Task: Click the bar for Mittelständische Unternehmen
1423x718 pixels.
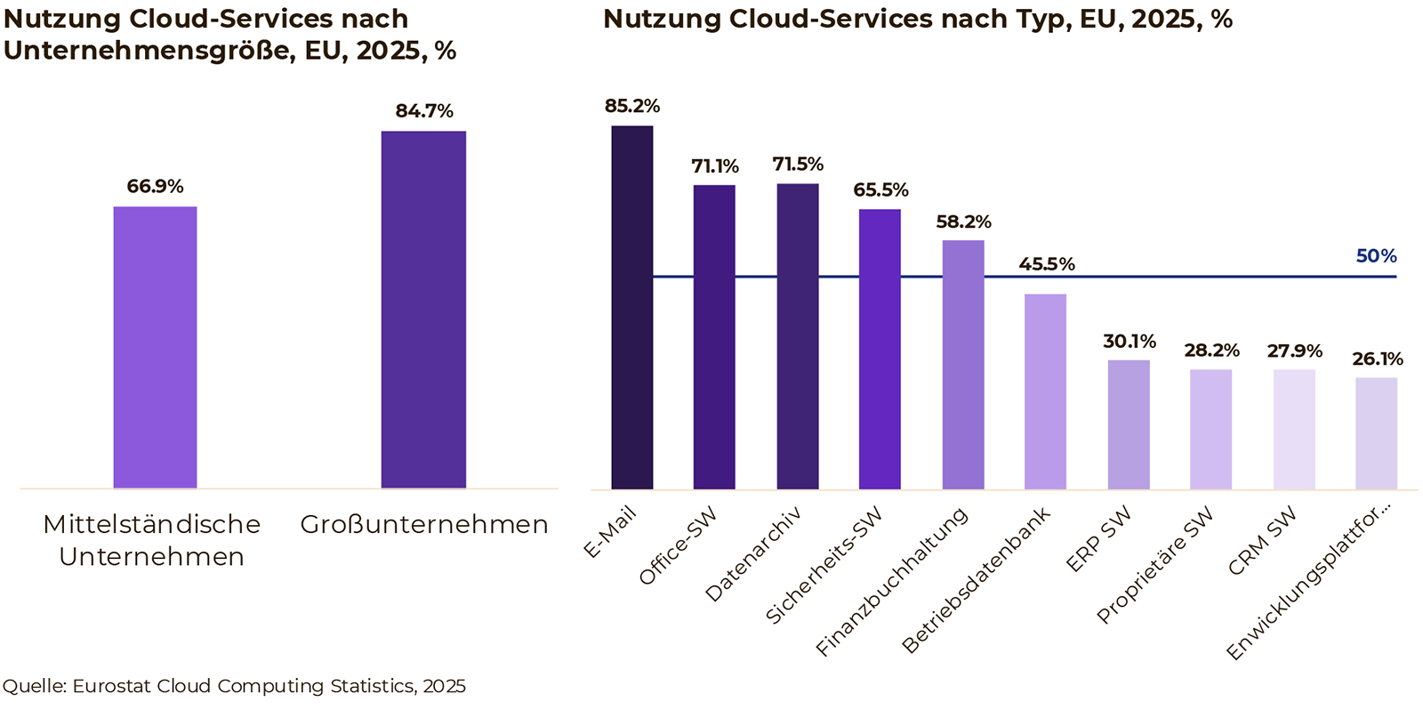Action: (155, 347)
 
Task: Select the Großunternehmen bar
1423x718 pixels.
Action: (423, 310)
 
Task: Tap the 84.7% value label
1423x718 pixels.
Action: (424, 111)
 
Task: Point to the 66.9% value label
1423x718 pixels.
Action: (155, 187)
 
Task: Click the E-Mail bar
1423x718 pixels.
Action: (631, 307)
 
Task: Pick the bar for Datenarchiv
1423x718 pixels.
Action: (797, 336)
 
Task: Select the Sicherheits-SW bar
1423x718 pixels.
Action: (880, 349)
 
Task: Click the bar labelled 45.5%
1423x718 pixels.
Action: (1045, 391)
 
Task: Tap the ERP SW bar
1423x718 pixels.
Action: (1129, 424)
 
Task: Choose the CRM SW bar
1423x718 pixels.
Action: (1294, 429)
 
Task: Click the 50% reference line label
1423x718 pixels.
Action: (1376, 256)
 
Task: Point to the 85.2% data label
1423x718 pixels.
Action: (631, 107)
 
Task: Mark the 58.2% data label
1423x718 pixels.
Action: (963, 222)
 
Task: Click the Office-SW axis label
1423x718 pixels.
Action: (678, 547)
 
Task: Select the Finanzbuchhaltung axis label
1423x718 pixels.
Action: (892, 582)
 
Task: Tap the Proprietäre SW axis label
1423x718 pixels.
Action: (1154, 566)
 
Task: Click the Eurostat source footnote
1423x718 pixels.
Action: (234, 686)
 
